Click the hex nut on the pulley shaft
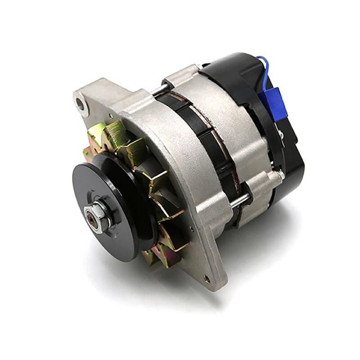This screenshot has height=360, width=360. coord(99,216)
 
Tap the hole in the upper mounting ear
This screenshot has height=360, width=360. coord(80,104)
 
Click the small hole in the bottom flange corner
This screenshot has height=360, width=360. coord(207,279)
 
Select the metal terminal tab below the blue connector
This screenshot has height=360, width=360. coord(280,134)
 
